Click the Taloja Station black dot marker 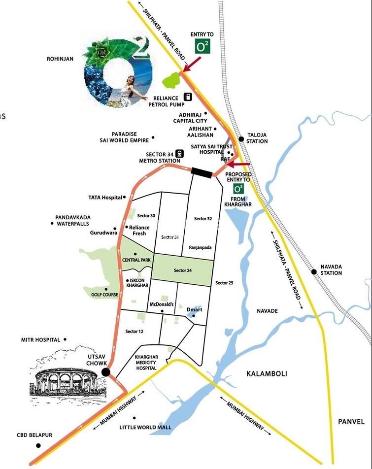coord(241,139)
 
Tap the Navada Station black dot coord(313,271)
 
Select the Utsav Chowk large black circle coord(105,372)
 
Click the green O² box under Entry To coord(203,47)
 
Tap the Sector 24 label coord(182,270)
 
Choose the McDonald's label coord(162,305)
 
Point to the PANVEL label coord(351,422)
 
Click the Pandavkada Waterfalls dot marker coord(52,223)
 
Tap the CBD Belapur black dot coord(38,445)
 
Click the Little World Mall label coord(145,427)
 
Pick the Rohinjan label coord(60,59)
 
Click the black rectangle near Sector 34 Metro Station coord(202,172)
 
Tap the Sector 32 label coord(203,218)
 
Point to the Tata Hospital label coord(105,198)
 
